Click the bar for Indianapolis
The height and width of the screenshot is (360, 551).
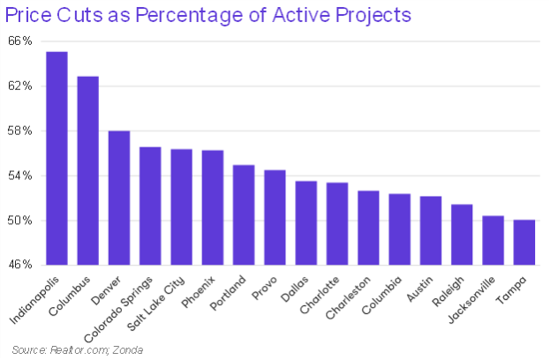pyautogui.click(x=57, y=159)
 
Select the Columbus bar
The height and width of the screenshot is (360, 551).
pyautogui.click(x=87, y=171)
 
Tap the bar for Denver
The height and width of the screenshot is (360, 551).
pyautogui.click(x=119, y=198)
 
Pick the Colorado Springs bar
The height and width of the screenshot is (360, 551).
pyautogui.click(x=150, y=206)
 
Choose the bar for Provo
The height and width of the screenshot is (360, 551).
pyautogui.click(x=275, y=217)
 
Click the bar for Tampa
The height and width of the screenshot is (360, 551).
pyautogui.click(x=524, y=242)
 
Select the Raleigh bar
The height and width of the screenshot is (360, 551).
pyautogui.click(x=462, y=234)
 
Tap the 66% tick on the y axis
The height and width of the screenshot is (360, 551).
pyautogui.click(x=22, y=41)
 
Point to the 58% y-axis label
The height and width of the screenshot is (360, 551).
pyautogui.click(x=22, y=131)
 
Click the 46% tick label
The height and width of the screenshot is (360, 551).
pyautogui.click(x=22, y=265)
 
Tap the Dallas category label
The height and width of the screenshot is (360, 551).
pyautogui.click(x=300, y=288)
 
